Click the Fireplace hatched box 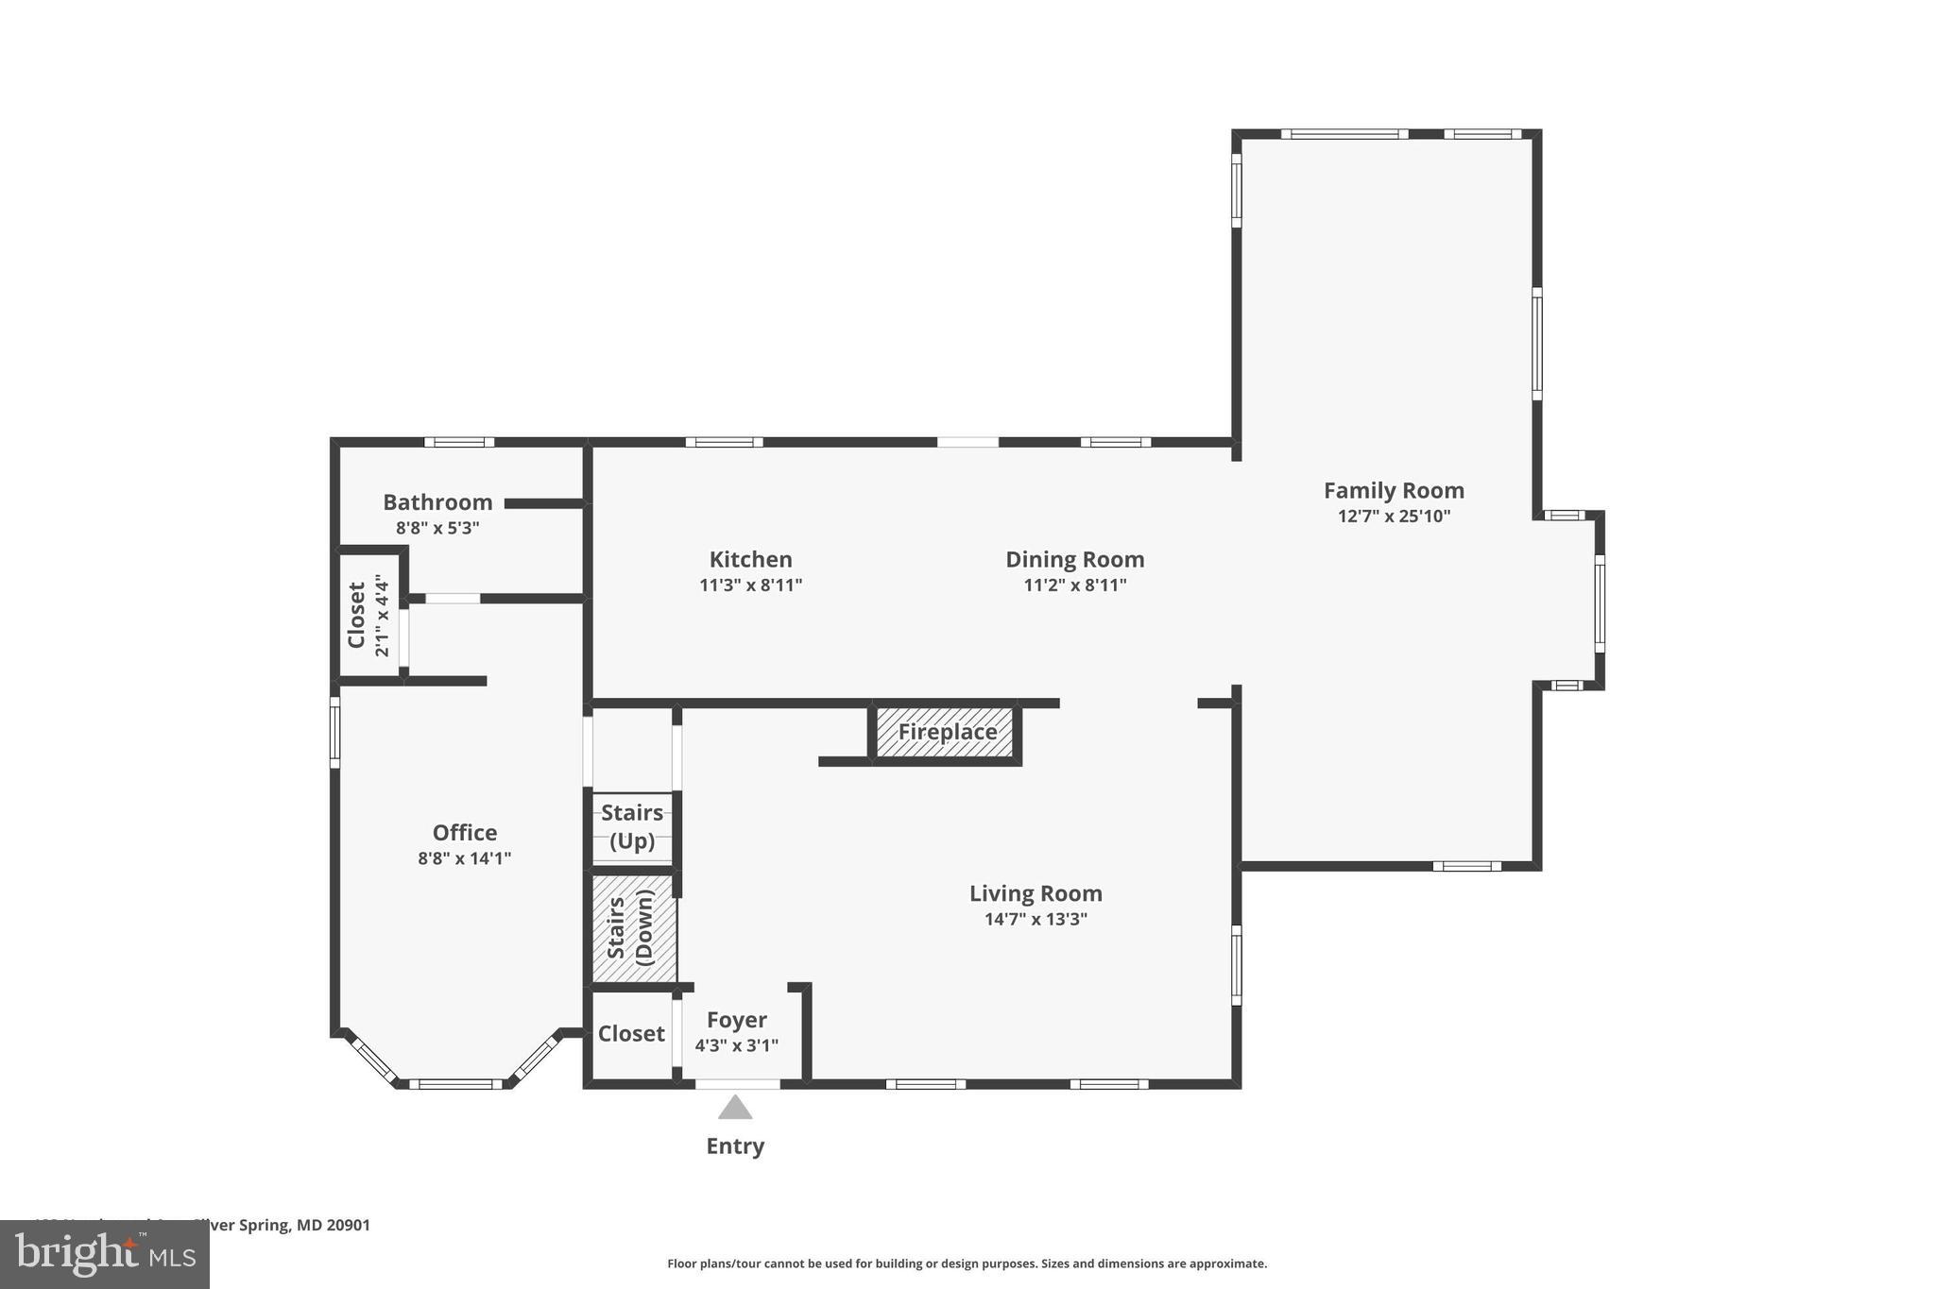(946, 732)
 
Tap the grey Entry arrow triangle (735, 1107)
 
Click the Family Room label (1394, 490)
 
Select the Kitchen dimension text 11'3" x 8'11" (750, 585)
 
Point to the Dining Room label (1074, 559)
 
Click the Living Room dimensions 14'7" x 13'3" (1036, 919)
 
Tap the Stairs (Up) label (632, 826)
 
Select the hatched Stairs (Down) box (633, 928)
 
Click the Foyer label (736, 1020)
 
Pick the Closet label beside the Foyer (631, 1034)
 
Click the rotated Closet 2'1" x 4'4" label (368, 616)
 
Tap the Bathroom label (437, 501)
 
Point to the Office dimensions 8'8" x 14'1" (464, 858)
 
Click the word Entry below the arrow (735, 1145)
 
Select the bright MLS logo (105, 1254)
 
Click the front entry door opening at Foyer (737, 1084)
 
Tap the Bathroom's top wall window (459, 442)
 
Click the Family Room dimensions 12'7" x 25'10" (1394, 516)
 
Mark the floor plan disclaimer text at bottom (967, 1264)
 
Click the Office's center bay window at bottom (455, 1084)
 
